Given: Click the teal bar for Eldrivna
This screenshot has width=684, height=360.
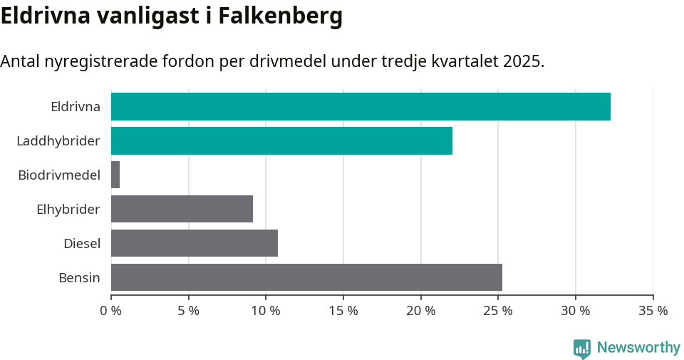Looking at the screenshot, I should point(361,107).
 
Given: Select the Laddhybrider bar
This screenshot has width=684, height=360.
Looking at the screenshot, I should point(281,141).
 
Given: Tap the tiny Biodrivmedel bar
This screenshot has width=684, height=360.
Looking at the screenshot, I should point(115,175).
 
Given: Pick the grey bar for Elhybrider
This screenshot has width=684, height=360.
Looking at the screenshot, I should point(182,209).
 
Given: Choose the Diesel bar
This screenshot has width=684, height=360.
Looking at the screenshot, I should point(195,243).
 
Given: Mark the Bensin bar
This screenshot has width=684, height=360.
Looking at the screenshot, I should point(306,277).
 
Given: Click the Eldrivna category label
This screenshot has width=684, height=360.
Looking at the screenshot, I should point(76,107).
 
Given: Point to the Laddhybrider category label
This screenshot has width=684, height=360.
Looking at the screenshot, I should point(58,141).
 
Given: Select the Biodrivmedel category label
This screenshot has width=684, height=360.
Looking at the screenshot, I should point(59,175).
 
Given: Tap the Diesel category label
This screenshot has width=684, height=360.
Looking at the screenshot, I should point(82,243).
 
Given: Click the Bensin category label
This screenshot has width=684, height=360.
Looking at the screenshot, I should point(79,277).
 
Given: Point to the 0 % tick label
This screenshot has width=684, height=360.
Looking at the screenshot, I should point(111,311).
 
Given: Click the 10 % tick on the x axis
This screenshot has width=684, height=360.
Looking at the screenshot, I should point(266,311).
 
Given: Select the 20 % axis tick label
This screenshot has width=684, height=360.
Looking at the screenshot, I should point(421,311).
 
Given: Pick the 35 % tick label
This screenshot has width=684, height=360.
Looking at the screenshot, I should point(653,311).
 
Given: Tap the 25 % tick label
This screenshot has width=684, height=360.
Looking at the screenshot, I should point(498,311).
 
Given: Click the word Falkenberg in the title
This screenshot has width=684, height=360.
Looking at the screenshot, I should point(281,16).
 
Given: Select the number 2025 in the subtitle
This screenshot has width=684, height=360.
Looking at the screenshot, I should point(522,61).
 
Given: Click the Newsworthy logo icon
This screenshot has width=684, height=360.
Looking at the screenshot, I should point(581,348).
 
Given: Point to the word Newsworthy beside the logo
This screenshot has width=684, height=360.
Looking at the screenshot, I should point(638,348).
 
